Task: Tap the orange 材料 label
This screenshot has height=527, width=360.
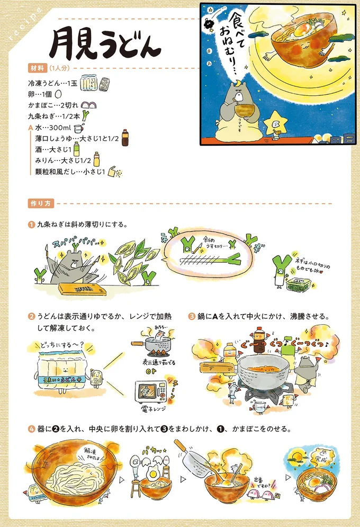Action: coord(36,68)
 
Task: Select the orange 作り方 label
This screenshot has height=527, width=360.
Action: coord(40,203)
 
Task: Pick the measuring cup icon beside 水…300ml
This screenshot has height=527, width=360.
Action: coord(78,128)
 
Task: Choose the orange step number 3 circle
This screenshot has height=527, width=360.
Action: coord(192,317)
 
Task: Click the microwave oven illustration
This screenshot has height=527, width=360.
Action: coord(151,391)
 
